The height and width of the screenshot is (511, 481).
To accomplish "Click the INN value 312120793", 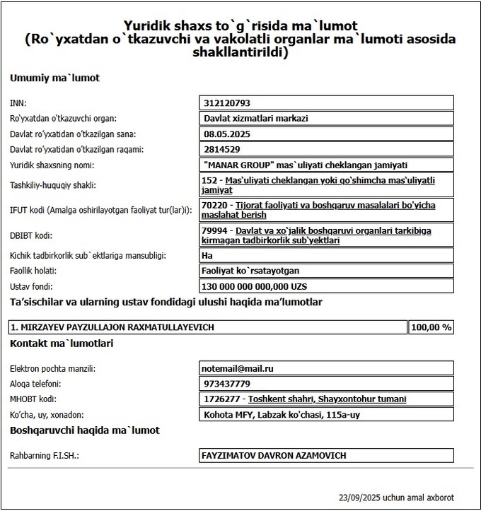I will [227, 103].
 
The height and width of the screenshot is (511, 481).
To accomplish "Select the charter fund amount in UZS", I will [255, 286].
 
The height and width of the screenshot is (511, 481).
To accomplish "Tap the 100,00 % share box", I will [431, 327].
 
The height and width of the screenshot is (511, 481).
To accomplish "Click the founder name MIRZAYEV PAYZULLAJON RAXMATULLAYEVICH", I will [112, 327].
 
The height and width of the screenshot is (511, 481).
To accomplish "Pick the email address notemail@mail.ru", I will [238, 368].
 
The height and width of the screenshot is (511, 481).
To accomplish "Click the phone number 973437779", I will [226, 384].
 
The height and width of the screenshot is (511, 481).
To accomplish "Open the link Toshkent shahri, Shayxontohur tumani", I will [328, 399].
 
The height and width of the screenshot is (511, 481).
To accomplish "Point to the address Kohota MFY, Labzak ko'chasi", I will [282, 415].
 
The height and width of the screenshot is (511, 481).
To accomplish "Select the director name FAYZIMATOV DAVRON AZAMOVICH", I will [274, 456].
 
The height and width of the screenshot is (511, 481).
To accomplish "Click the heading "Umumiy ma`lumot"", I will [54, 78].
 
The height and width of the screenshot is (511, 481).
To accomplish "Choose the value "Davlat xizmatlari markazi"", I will [255, 118].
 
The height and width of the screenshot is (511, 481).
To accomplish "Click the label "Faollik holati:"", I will [33, 271].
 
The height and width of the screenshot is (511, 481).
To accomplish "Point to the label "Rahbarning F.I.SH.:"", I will [44, 456].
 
